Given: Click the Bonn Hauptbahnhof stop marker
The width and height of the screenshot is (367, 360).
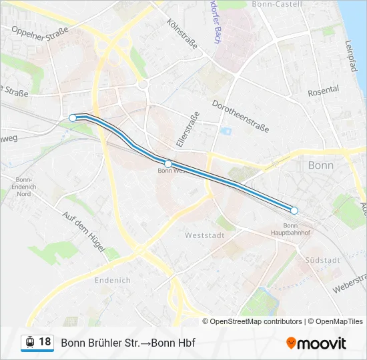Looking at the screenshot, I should coord(294,211).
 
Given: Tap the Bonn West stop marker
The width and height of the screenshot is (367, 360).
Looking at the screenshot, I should coord(168,163).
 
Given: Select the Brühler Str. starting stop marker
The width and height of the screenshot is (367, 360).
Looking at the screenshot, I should coord(73,118).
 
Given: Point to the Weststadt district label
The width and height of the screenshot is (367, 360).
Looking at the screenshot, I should coord(204,236).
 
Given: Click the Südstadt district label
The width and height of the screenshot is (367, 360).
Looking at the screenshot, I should coord(322,260).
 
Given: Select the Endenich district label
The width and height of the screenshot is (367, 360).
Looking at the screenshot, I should coord(113,280).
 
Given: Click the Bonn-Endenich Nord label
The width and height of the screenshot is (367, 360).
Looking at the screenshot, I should coord(23,187).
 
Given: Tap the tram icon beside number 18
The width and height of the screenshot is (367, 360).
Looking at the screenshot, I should coord(29,343).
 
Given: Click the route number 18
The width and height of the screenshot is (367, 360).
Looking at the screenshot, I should coord(45,342).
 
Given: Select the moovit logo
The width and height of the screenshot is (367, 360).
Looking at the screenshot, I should coord(316,343).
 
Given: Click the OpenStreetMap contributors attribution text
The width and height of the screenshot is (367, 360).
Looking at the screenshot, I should coord(256,321).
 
